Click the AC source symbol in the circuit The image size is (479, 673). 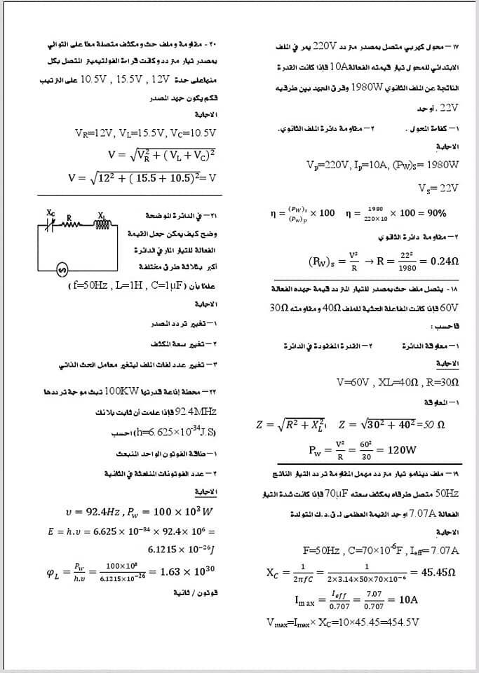pyautogui.click(x=61, y=269)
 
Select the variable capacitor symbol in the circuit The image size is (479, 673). pyautogui.click(x=50, y=224)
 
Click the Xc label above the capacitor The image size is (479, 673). pyautogui.click(x=50, y=212)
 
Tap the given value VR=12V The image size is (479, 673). pyautogui.click(x=94, y=132)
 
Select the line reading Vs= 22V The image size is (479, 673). pyautogui.click(x=438, y=188)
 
